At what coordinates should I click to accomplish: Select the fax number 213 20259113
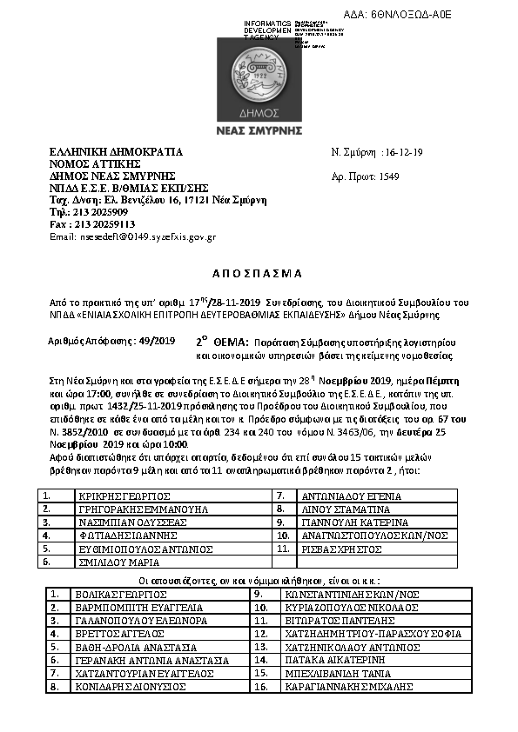coord(100,224)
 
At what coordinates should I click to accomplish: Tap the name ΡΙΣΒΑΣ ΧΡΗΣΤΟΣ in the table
coord(334,549)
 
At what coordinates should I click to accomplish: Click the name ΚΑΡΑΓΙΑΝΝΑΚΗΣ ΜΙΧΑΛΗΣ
coord(360,686)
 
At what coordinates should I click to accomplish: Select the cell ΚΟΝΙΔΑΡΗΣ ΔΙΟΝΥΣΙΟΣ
coord(132,686)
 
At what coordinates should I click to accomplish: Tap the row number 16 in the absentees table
coord(259,686)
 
